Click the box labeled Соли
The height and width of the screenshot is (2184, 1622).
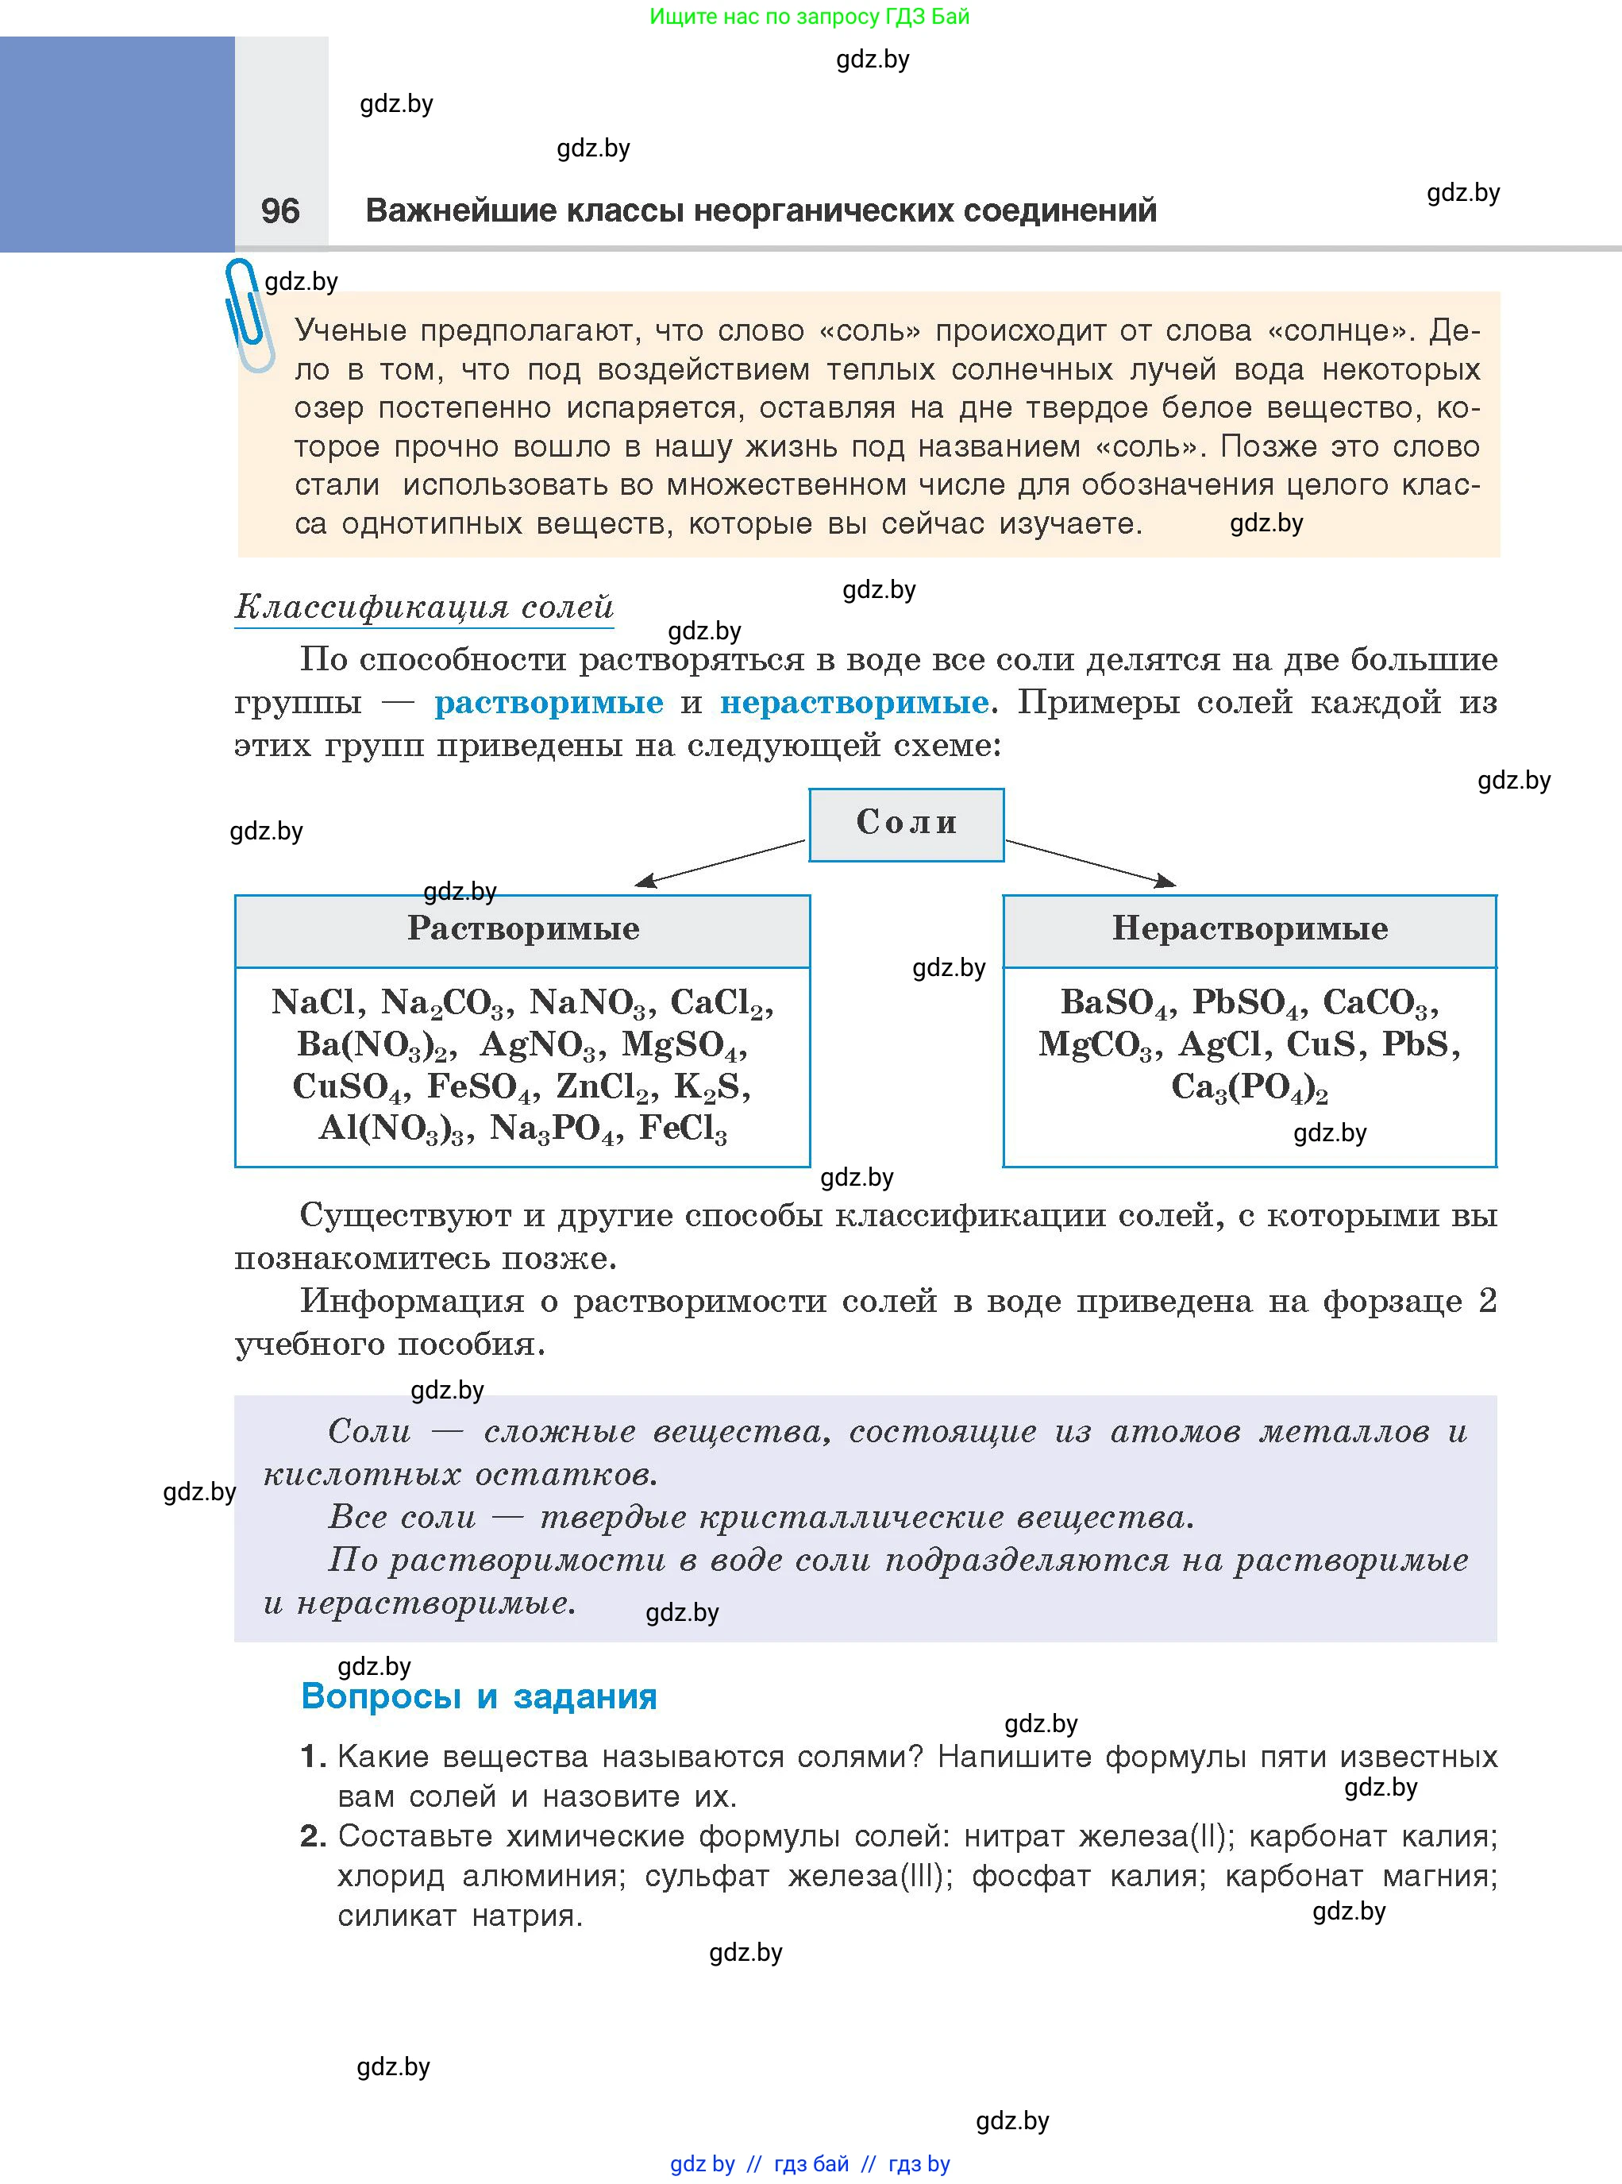tap(906, 824)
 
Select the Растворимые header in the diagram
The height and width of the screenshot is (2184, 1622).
tap(522, 929)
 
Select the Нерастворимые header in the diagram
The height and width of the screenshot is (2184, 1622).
tap(1249, 929)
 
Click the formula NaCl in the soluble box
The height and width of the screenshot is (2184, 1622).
tap(314, 1002)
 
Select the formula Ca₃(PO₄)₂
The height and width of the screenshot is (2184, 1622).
tap(1249, 1087)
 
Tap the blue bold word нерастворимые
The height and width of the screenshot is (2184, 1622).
tap(854, 703)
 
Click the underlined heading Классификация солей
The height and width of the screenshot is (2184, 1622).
tap(424, 607)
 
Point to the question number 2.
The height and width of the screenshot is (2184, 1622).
tap(312, 1835)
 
